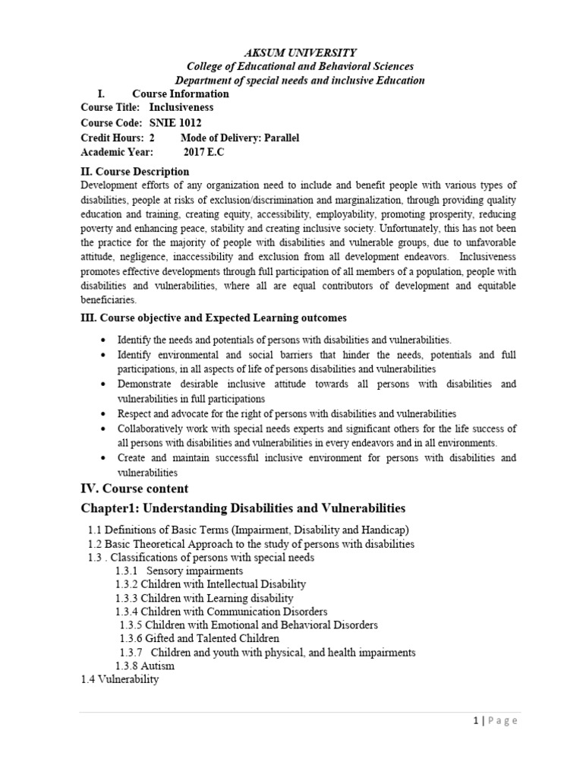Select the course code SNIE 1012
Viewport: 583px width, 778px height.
point(175,123)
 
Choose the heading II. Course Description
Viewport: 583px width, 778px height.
point(135,172)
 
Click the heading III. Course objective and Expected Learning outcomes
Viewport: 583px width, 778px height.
point(214,317)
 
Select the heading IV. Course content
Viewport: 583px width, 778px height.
point(134,488)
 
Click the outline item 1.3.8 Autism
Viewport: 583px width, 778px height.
point(145,666)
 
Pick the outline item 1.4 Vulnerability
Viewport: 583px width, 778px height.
point(120,680)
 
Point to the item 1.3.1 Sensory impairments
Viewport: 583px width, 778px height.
point(179,571)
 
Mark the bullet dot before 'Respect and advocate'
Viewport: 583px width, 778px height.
point(103,415)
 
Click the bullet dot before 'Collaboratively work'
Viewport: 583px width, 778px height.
point(103,429)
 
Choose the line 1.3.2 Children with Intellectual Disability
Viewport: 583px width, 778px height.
point(211,584)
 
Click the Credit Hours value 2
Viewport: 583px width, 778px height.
point(152,138)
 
